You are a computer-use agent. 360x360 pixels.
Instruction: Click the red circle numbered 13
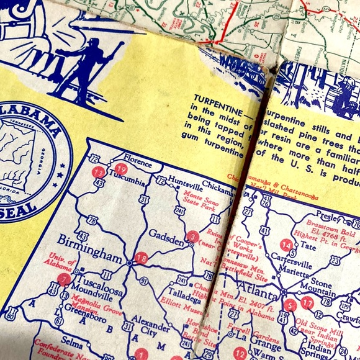click(98, 172)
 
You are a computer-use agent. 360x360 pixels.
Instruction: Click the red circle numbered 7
click(64, 279)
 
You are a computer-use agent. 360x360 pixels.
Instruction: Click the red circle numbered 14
click(286, 245)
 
